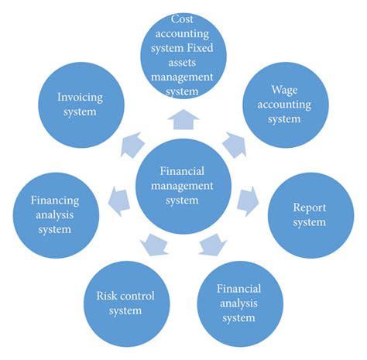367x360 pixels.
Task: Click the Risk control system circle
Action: coord(120,303)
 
